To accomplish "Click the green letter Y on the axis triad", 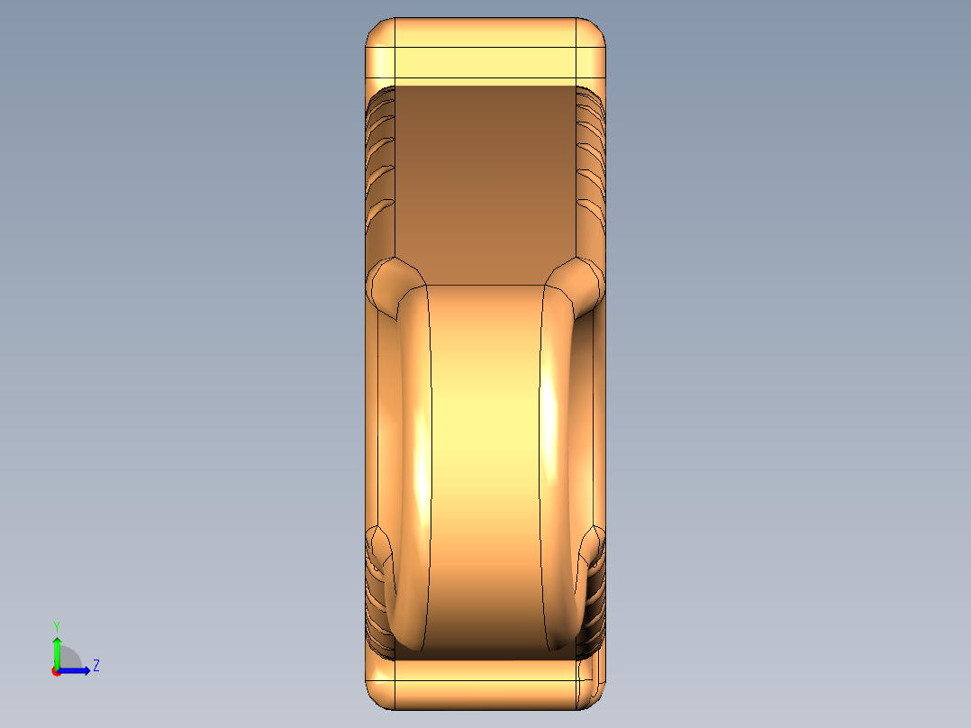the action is tap(57, 627).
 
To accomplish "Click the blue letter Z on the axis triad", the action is tap(96, 666).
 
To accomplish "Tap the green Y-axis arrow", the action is tap(57, 652).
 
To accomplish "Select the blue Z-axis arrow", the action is tap(74, 671).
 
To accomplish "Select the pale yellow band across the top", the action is tap(485, 62).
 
